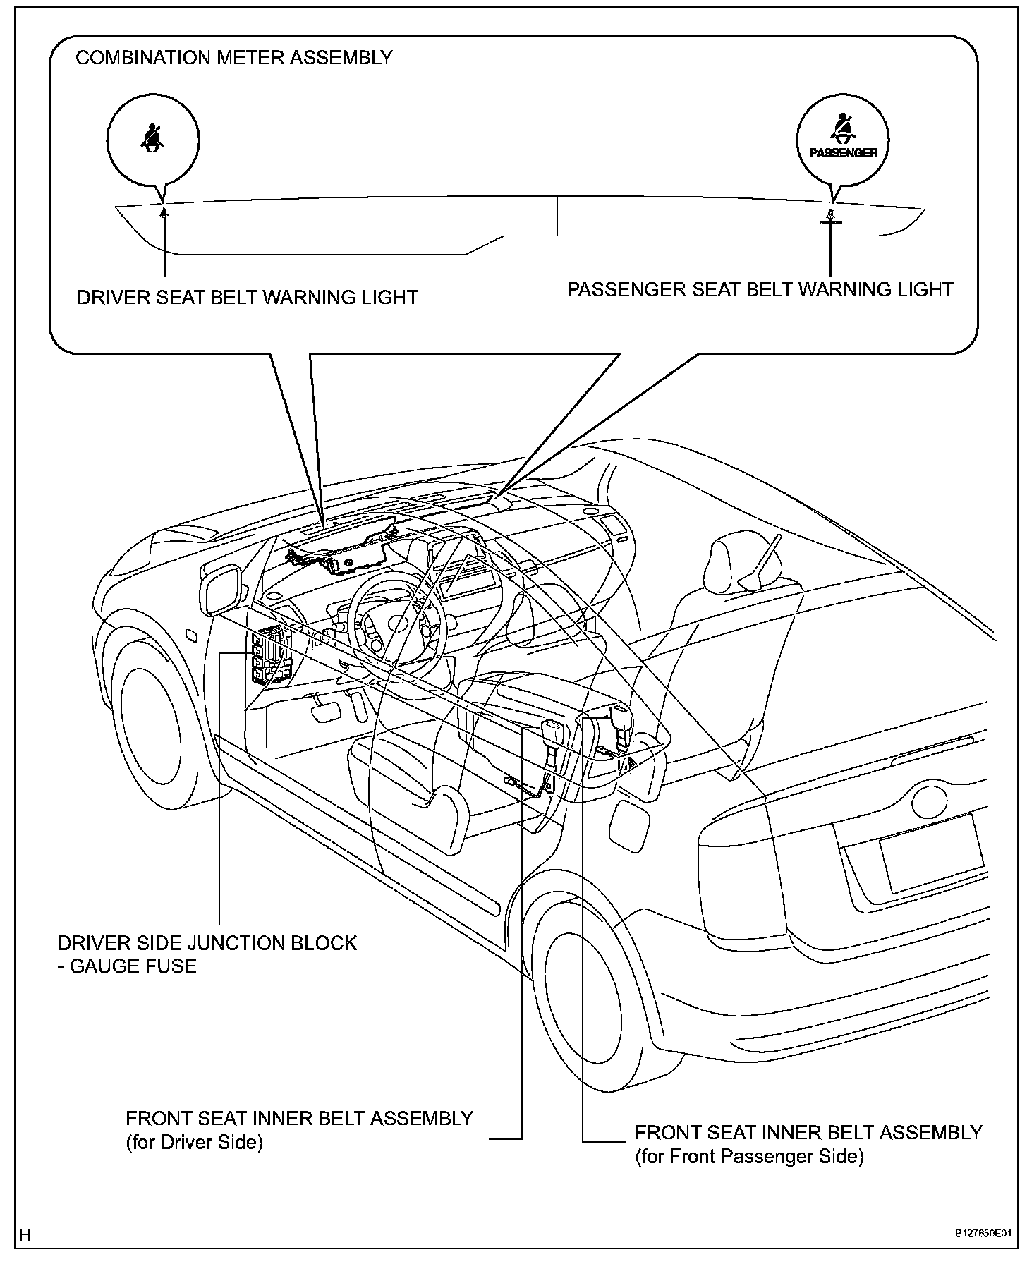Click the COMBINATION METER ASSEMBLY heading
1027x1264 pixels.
(x=233, y=58)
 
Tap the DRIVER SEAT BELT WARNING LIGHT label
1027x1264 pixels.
(x=248, y=297)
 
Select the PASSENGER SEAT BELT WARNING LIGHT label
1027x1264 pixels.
(x=760, y=289)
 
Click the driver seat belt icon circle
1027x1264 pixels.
(x=153, y=138)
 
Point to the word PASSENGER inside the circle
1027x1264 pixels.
(x=843, y=152)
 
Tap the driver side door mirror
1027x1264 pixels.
(x=224, y=590)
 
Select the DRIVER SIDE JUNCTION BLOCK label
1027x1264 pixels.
(x=207, y=943)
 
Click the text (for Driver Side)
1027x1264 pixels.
(x=194, y=1142)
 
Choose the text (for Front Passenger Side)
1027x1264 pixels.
(x=749, y=1156)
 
